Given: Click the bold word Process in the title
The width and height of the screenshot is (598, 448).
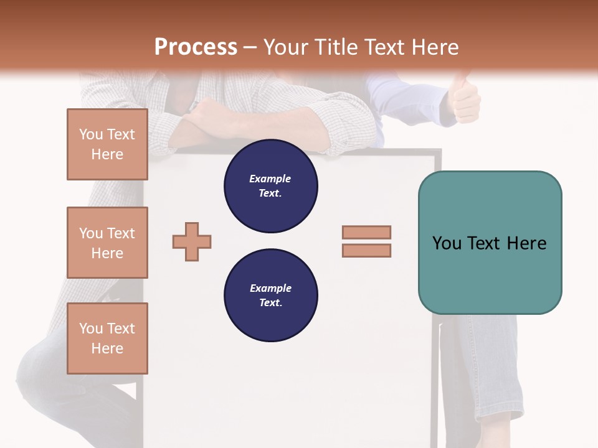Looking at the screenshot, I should (x=196, y=47).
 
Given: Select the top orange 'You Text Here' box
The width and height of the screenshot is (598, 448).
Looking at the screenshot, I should (x=107, y=144).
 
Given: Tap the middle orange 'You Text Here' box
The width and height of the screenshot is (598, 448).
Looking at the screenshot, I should (x=107, y=243).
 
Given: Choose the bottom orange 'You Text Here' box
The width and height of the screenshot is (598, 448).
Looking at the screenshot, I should (x=107, y=338).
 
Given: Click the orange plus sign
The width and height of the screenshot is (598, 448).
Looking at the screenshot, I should (x=192, y=241).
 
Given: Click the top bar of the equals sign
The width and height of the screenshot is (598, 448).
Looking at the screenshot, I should (x=366, y=233).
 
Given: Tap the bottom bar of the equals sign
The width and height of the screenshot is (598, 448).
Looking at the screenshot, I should (x=366, y=250).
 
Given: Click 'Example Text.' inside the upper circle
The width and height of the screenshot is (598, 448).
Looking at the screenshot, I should (x=270, y=185).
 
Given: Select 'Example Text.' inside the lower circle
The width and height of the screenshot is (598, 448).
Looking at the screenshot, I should (x=270, y=295).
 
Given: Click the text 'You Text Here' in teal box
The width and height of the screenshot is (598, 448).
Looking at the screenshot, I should (x=490, y=243).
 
